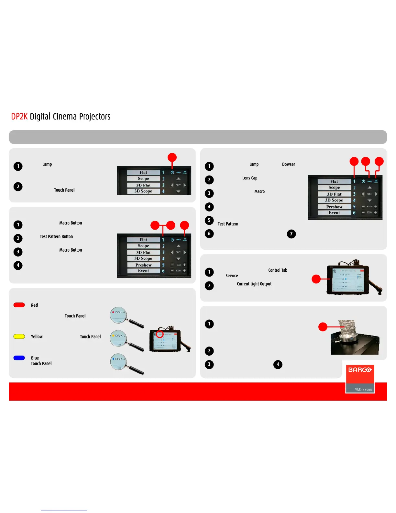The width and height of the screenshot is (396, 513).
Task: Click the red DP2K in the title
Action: click(x=19, y=117)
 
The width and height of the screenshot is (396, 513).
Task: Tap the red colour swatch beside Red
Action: click(x=19, y=305)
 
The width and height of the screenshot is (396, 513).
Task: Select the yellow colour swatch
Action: click(x=19, y=336)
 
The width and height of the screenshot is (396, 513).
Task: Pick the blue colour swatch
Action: click(x=19, y=358)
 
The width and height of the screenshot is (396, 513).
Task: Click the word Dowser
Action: click(x=288, y=165)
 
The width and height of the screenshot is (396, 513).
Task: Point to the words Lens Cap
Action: click(x=250, y=178)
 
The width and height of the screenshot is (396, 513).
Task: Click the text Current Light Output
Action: click(x=254, y=284)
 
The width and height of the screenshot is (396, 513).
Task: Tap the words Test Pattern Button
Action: click(x=56, y=237)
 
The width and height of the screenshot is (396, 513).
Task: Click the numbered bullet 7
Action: click(x=291, y=234)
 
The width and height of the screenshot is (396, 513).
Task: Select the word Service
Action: click(x=232, y=276)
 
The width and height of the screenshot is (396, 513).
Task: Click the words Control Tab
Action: click(x=278, y=270)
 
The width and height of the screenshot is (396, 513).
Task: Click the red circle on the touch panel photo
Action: click(x=160, y=334)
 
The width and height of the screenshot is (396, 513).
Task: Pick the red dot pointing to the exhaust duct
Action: click(x=323, y=327)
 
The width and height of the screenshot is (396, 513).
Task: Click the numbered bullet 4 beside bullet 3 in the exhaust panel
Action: click(x=278, y=364)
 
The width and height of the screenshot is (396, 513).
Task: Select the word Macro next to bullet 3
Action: click(x=259, y=192)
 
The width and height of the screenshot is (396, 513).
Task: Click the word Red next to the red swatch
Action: click(x=34, y=305)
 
